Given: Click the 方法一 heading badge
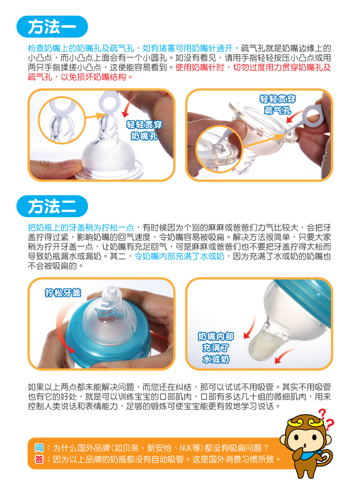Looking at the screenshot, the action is pos(52,27).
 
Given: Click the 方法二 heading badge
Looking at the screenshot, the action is pos(52,206).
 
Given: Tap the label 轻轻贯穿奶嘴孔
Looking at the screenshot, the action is pos(144,130).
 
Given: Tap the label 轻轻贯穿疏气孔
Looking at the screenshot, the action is pos(278,104).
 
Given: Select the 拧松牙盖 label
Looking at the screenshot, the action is pos(63,292).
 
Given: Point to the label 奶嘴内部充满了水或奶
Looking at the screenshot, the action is pos(216,348).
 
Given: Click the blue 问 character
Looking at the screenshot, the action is pos(39,448).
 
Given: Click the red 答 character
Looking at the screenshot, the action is pos(39,459).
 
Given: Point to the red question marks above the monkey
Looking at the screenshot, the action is pos(326,419).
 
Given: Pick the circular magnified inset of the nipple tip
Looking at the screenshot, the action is pos(62,120).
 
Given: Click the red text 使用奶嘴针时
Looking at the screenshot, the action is pos(200,67).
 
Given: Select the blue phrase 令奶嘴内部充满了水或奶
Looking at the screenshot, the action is pos(180,256).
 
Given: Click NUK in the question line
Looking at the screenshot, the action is pos(186,448).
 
